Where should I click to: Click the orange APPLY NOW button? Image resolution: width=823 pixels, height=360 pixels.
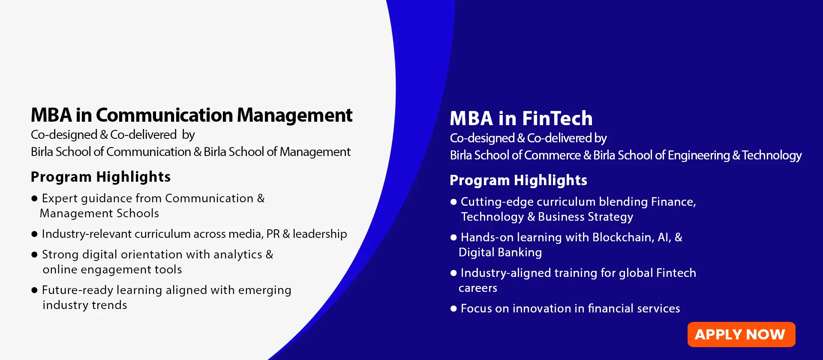(741, 334)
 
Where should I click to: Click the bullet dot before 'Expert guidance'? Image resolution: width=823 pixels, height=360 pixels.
(35, 198)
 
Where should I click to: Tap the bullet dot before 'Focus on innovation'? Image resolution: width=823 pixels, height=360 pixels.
(454, 309)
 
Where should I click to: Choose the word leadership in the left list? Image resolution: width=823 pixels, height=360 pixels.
(320, 234)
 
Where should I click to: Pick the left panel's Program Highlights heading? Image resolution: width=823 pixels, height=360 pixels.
(101, 177)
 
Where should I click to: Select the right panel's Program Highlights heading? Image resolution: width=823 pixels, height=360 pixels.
(518, 180)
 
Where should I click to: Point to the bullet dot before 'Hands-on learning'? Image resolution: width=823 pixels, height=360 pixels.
(454, 237)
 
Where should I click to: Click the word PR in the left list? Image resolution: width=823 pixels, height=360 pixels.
(273, 234)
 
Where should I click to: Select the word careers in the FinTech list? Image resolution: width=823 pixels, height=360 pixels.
(478, 288)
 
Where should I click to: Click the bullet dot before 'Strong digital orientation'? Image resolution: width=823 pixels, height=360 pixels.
(35, 255)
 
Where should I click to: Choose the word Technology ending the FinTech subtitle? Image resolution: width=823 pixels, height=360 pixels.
(772, 155)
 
